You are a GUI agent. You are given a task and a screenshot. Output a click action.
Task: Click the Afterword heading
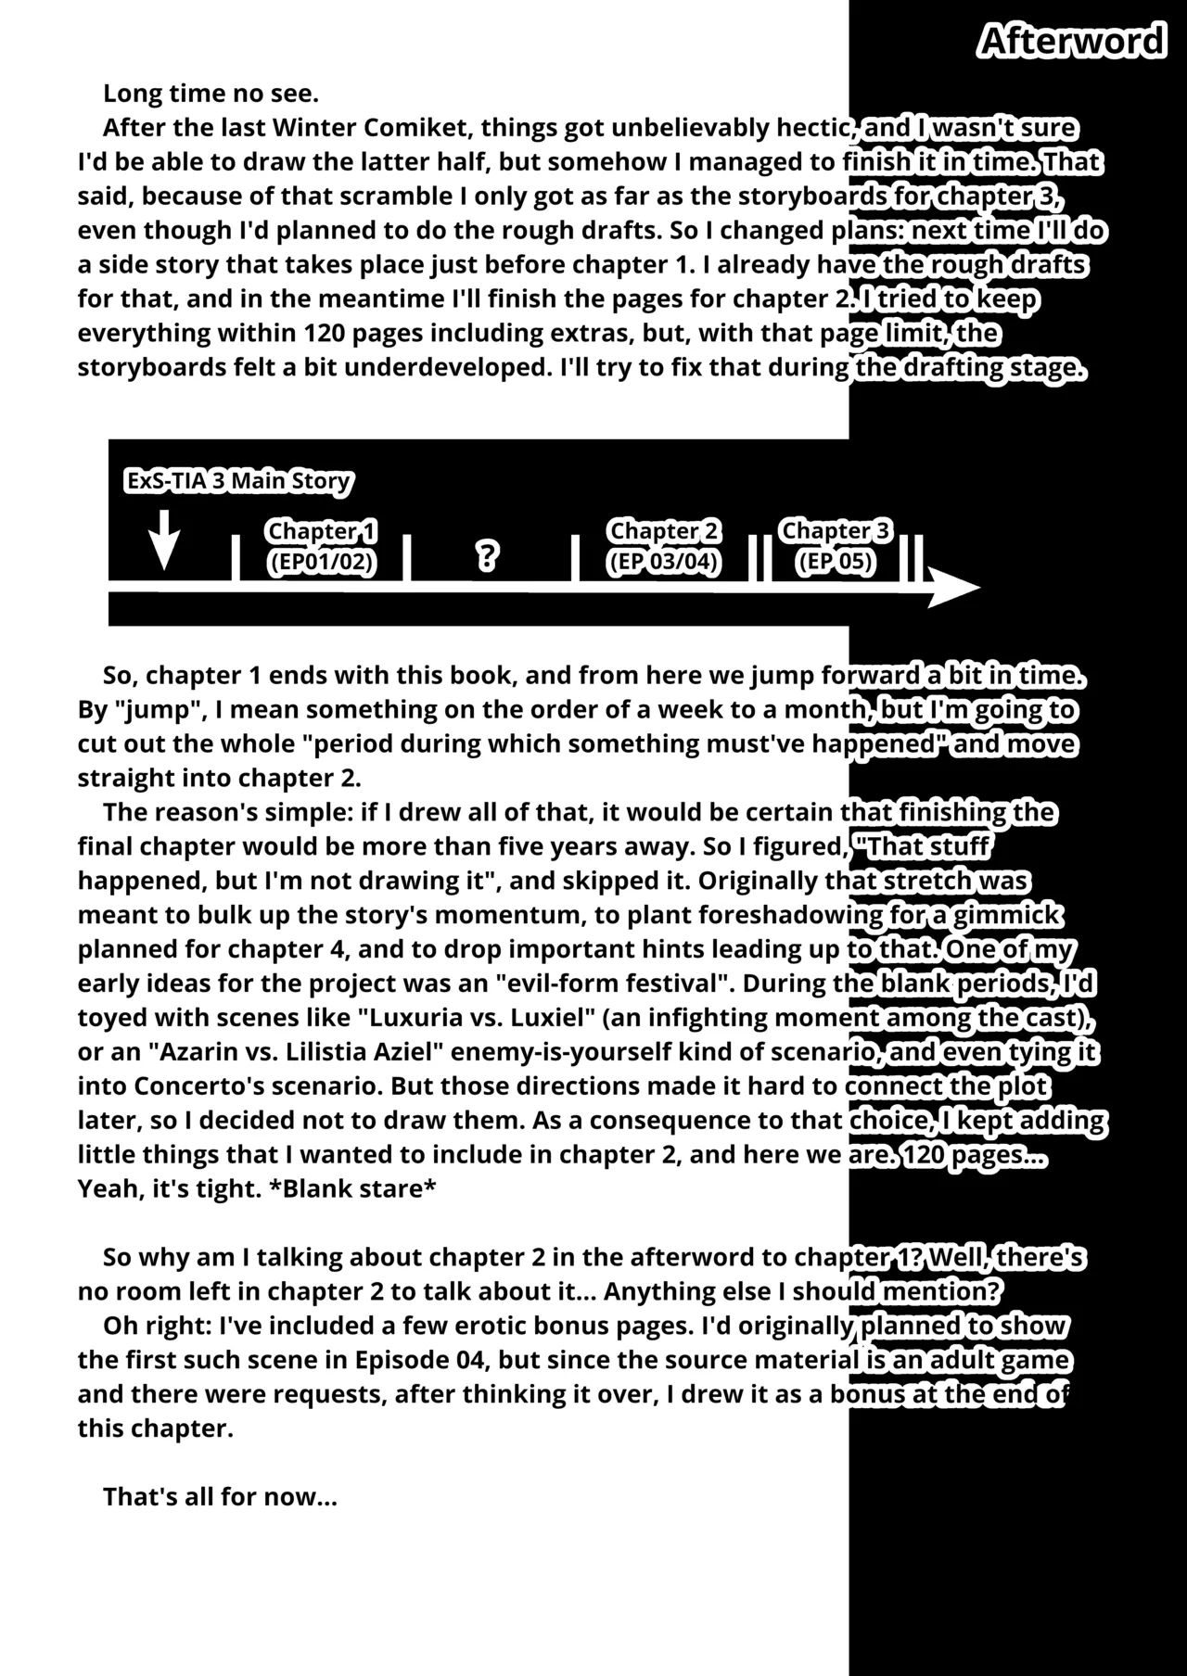pyautogui.click(x=1072, y=42)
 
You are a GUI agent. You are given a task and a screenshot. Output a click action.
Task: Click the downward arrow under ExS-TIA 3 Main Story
pyautogui.click(x=164, y=540)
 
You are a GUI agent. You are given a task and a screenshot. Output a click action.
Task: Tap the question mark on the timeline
pyautogui.click(x=487, y=556)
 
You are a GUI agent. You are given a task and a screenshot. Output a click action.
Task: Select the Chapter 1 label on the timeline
pyautogui.click(x=322, y=531)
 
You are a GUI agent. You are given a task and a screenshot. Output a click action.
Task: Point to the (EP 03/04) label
pyautogui.click(x=664, y=562)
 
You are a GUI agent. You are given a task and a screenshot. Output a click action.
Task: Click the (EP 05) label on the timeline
pyautogui.click(x=836, y=562)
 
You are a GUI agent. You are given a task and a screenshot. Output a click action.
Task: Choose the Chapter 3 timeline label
pyautogui.click(x=836, y=530)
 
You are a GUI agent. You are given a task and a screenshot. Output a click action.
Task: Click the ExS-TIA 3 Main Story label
pyautogui.click(x=238, y=481)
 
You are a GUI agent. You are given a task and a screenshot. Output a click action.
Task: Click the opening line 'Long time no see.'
pyautogui.click(x=211, y=94)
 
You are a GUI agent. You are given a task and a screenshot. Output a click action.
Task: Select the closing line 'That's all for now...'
pyautogui.click(x=220, y=1497)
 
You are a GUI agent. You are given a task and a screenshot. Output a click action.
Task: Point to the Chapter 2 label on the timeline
pyautogui.click(x=664, y=531)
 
